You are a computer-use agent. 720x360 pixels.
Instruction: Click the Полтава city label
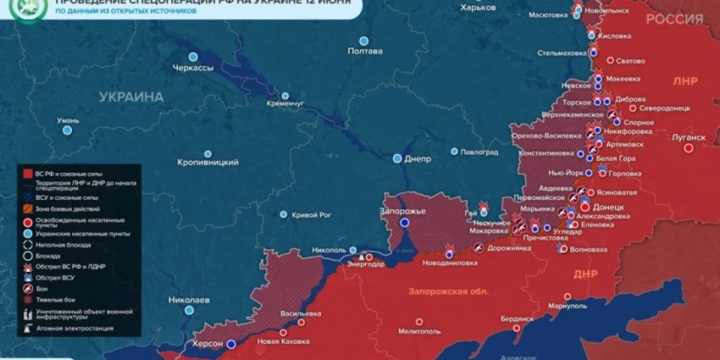365,52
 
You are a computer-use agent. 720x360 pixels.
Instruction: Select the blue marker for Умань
67,130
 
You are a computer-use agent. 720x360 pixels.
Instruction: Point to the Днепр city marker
397,158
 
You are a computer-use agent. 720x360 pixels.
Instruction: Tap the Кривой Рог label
311,215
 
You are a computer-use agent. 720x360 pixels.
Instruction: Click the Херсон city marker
229,344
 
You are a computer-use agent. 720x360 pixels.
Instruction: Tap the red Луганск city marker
689,147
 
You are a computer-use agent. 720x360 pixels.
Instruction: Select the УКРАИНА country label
131,97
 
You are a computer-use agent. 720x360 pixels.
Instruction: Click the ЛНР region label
684,82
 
